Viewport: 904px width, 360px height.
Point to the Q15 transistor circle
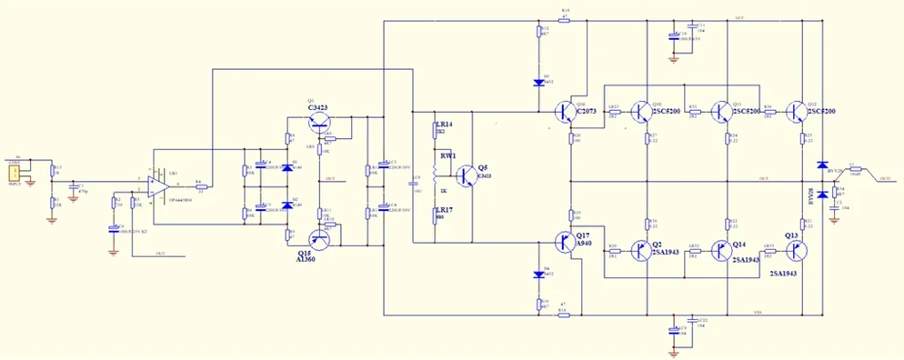(x=319, y=240)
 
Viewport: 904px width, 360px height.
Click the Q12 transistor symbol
(x=798, y=112)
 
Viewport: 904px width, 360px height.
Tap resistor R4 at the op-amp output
(x=202, y=186)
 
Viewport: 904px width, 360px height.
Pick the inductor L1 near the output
(x=856, y=170)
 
